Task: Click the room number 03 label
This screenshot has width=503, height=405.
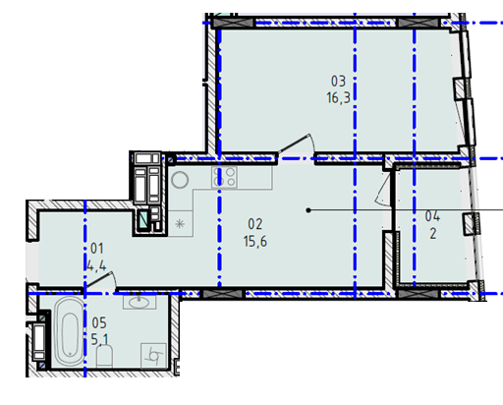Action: [338, 82]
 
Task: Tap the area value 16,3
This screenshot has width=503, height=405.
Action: [338, 97]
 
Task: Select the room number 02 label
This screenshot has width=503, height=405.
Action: [255, 224]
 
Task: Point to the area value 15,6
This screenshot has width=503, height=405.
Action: [255, 242]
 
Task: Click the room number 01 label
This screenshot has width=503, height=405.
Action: [97, 249]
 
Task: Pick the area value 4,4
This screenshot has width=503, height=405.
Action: [96, 265]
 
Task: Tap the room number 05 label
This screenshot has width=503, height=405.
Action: [99, 323]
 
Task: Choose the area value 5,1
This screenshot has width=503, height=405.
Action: [99, 339]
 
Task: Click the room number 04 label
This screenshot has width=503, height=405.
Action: [432, 216]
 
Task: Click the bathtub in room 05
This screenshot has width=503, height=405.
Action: [69, 331]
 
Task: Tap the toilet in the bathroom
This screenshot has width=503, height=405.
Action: [105, 356]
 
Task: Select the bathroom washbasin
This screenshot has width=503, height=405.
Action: [140, 302]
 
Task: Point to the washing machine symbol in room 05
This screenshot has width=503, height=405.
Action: [153, 355]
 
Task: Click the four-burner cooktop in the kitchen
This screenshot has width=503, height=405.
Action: [224, 177]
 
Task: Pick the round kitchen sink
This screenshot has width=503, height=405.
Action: [180, 180]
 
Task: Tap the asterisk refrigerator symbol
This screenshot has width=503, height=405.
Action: [180, 224]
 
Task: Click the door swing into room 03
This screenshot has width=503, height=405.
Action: [298, 144]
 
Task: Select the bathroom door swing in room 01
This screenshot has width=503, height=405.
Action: [101, 280]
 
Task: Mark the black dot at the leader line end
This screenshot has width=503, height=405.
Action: [308, 210]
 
